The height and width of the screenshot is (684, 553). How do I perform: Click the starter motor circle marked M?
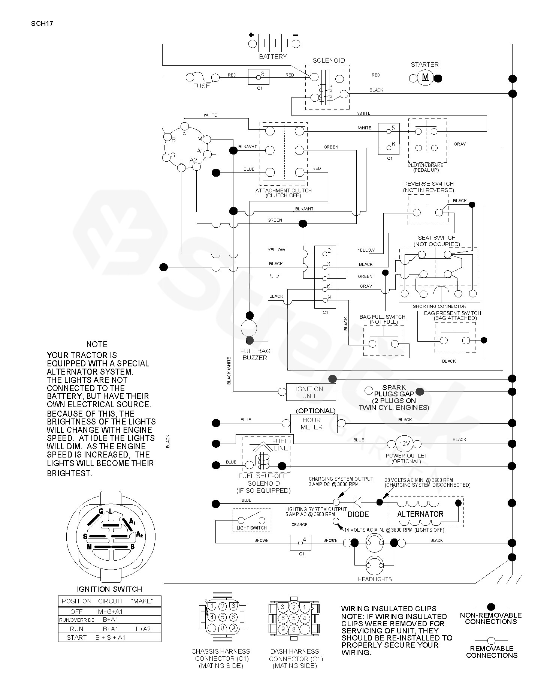[425, 78]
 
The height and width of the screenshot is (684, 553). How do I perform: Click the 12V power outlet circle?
[404, 444]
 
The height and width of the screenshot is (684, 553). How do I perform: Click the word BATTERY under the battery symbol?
[273, 57]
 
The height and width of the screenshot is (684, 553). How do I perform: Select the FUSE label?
[202, 86]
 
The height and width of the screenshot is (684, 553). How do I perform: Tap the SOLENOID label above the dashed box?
[329, 60]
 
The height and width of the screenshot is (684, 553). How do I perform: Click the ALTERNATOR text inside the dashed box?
[420, 514]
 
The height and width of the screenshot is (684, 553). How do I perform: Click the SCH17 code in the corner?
[42, 23]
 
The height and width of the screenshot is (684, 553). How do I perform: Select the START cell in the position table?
[76, 637]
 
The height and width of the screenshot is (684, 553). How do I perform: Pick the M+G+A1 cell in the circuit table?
[110, 612]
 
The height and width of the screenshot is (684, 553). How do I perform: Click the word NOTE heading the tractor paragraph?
[97, 344]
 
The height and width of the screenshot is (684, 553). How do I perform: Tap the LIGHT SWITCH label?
[252, 528]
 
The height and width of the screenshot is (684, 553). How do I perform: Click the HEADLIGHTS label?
[375, 579]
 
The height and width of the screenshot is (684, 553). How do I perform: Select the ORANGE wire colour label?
[299, 525]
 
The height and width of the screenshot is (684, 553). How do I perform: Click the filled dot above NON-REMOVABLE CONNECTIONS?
[491, 607]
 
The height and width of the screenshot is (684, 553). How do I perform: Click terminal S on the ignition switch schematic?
[184, 125]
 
